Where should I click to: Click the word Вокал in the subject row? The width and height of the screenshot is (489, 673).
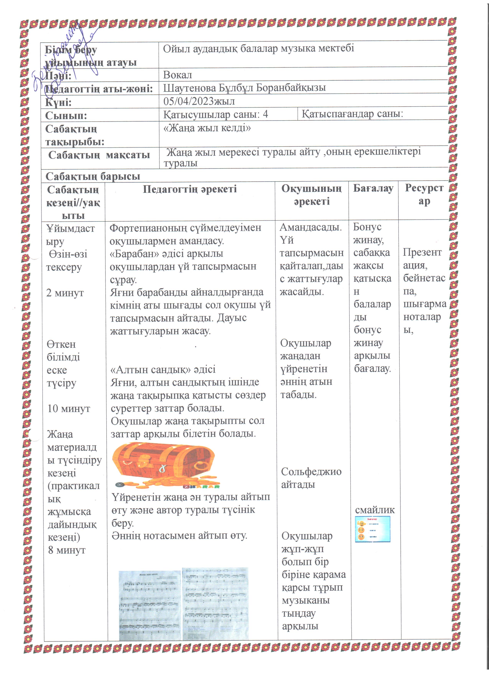(x=177, y=75)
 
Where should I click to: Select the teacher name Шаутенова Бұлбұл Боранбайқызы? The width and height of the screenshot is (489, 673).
(x=244, y=88)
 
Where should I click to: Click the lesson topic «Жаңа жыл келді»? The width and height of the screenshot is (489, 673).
(x=207, y=128)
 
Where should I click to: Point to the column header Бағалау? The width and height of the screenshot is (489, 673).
(x=373, y=188)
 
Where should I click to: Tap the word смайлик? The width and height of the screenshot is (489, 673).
(x=375, y=510)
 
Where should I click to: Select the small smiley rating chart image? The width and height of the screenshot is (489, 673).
(x=373, y=529)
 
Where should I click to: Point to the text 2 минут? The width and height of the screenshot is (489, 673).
(x=65, y=293)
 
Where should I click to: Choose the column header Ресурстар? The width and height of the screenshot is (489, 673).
(x=424, y=194)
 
